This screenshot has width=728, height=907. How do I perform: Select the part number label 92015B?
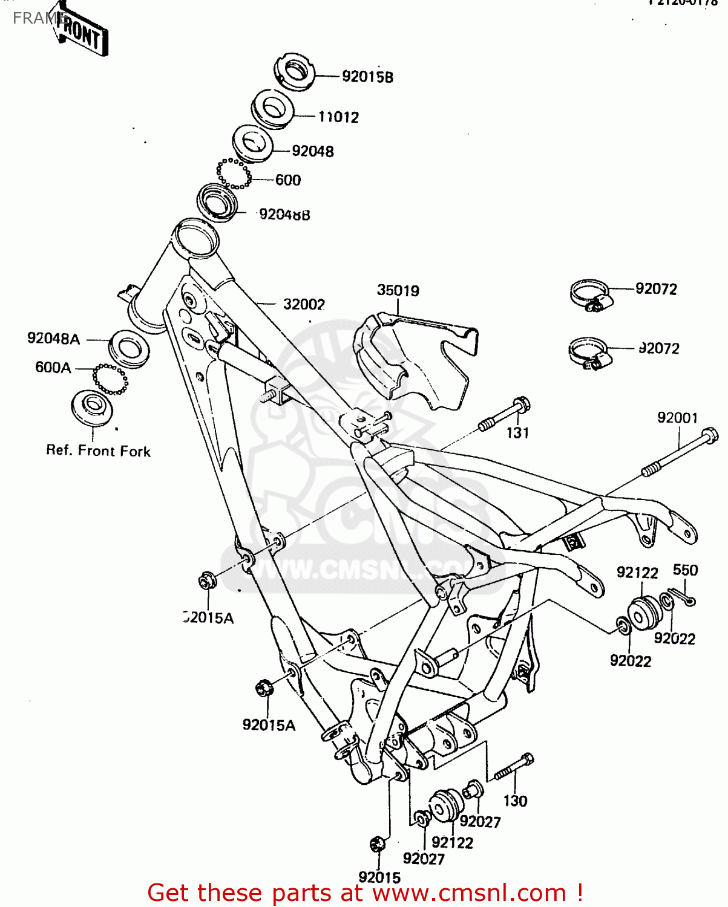tap(367, 77)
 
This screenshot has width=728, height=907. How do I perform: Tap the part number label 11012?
tap(339, 117)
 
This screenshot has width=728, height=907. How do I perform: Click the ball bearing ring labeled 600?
tap(234, 174)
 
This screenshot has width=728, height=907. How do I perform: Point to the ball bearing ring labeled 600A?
tap(110, 379)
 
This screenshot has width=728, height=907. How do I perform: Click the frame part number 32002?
tap(304, 304)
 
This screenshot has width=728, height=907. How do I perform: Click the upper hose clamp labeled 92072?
tap(589, 295)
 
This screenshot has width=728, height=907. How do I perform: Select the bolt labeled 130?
tap(514, 767)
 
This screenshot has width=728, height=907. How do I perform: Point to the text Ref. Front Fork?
tap(99, 451)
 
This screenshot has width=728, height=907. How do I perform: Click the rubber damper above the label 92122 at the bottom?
tap(447, 805)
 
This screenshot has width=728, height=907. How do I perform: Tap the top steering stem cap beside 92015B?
tap(294, 71)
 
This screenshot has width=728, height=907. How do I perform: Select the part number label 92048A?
tap(53, 339)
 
